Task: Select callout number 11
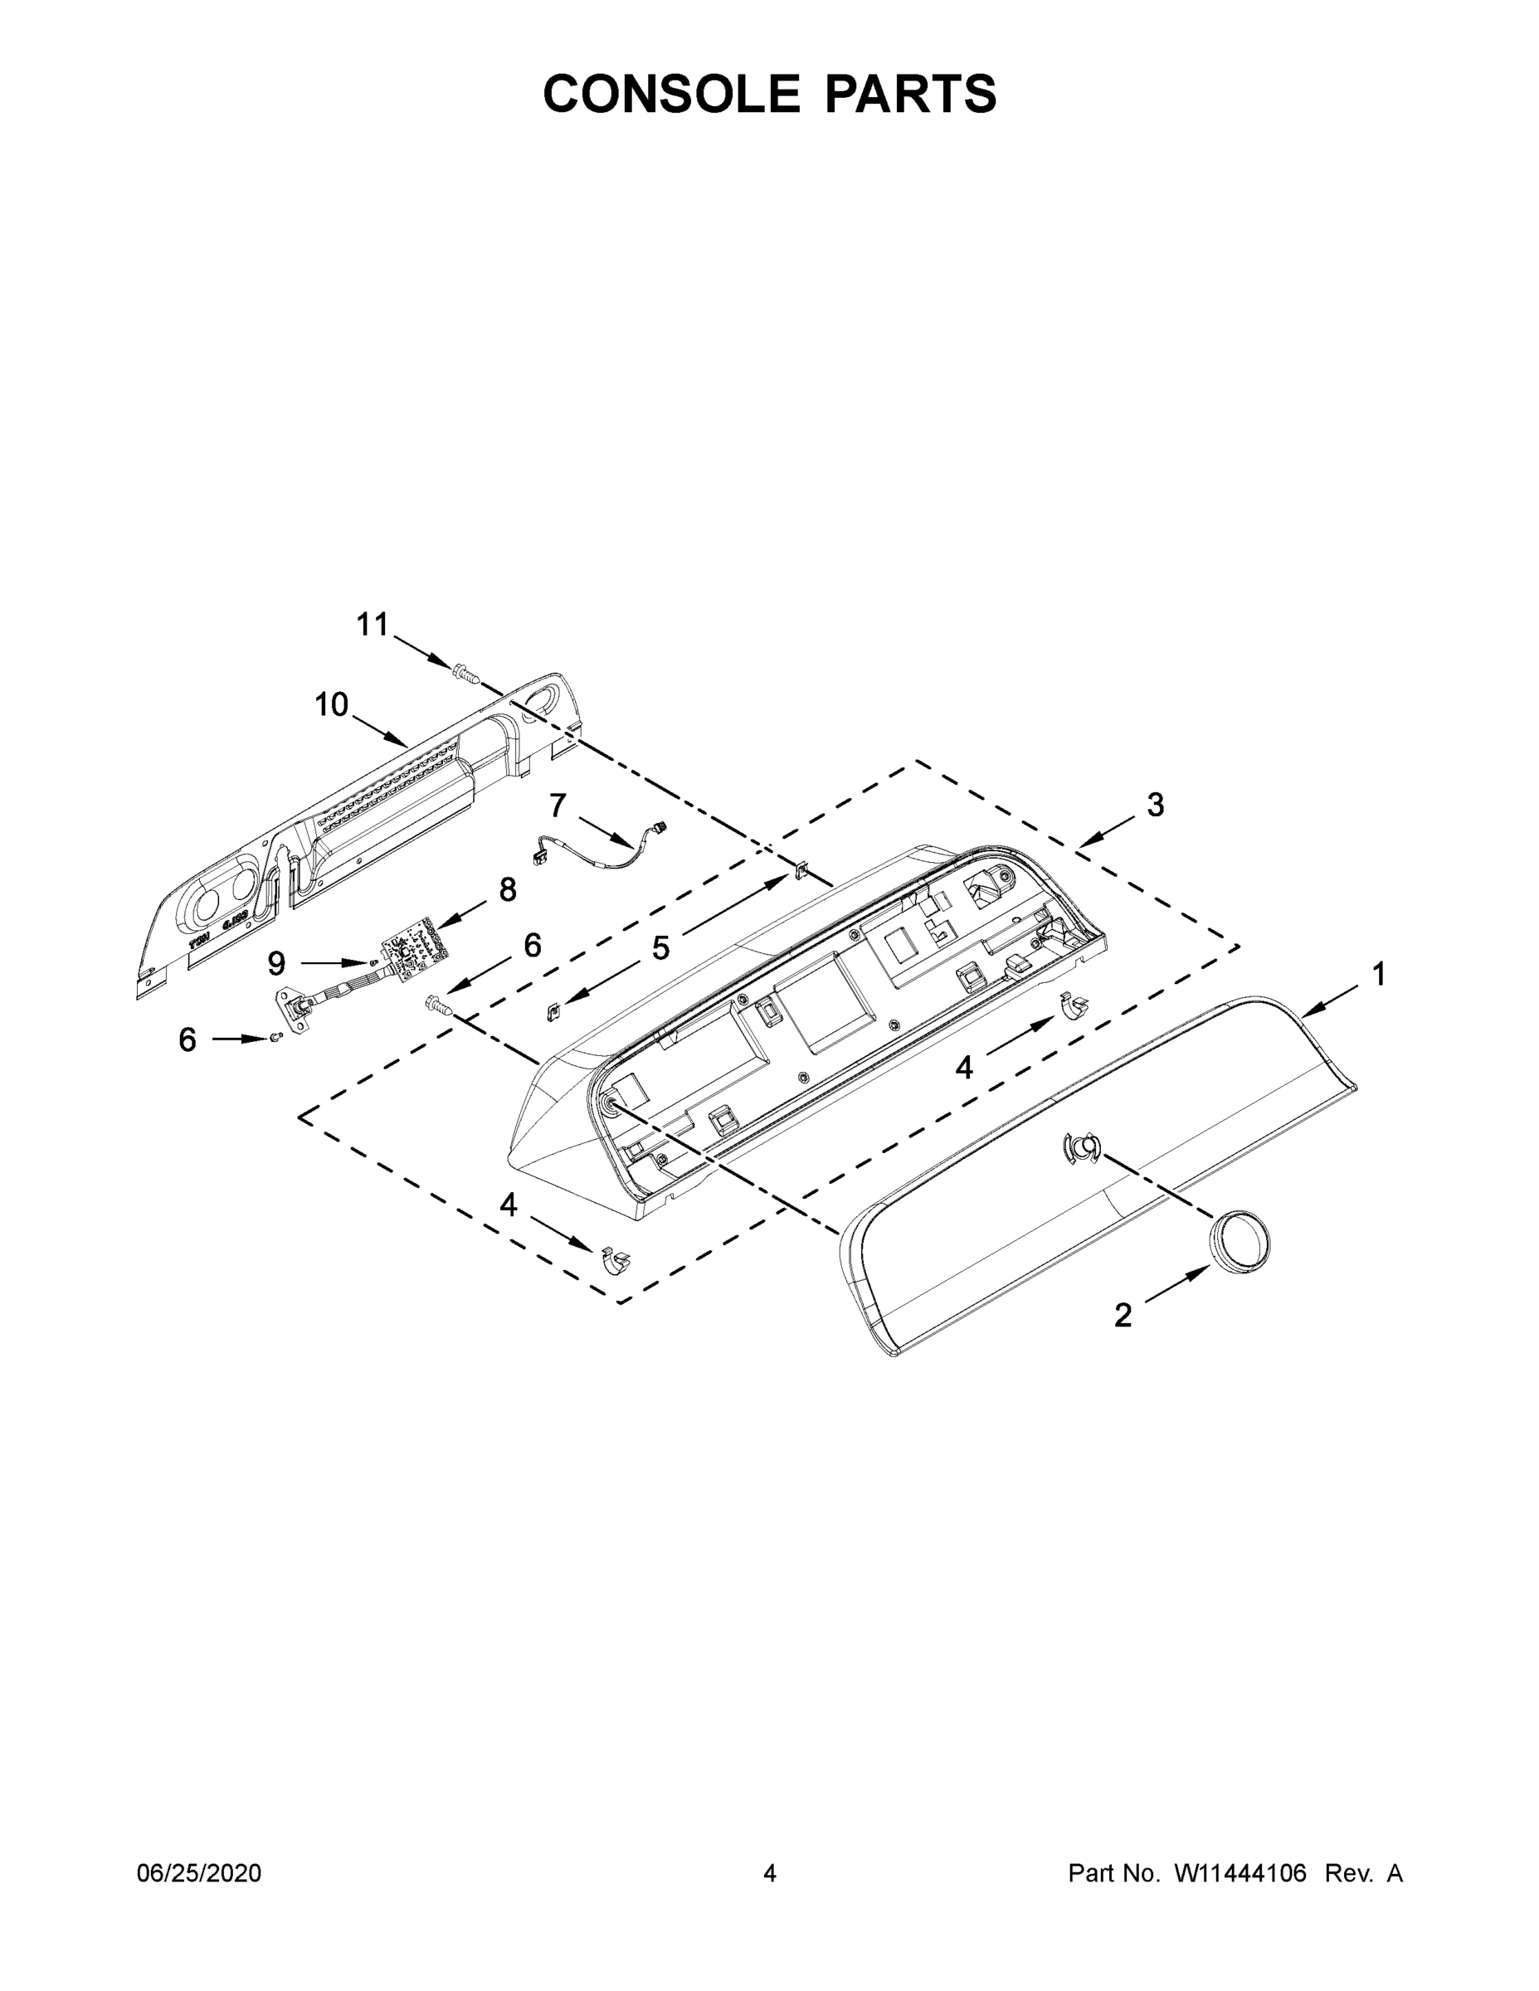(372, 626)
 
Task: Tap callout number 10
(332, 704)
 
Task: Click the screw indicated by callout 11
(464, 671)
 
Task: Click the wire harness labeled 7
(601, 848)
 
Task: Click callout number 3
(1155, 805)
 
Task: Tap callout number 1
(1379, 975)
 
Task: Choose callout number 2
(1123, 1315)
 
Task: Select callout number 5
(660, 949)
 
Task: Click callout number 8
(507, 890)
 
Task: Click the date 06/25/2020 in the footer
(199, 1873)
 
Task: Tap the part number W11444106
(1240, 1873)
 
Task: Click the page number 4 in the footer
(770, 1873)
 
